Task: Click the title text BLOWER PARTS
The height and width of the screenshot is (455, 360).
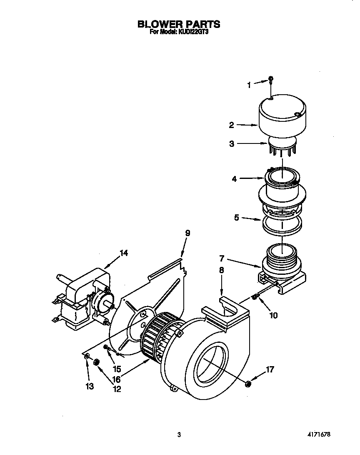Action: pyautogui.click(x=179, y=24)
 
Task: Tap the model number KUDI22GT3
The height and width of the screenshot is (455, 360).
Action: pyautogui.click(x=190, y=32)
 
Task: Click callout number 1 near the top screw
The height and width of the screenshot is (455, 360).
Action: pyautogui.click(x=250, y=85)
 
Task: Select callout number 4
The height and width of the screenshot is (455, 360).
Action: pyautogui.click(x=234, y=179)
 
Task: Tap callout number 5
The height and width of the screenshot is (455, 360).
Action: pyautogui.click(x=236, y=218)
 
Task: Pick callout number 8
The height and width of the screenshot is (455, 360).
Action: pyautogui.click(x=221, y=270)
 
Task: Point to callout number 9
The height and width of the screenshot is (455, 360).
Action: pyautogui.click(x=187, y=234)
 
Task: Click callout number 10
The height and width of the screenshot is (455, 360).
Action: pyautogui.click(x=273, y=315)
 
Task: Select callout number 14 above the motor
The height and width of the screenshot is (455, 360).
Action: pyautogui.click(x=124, y=253)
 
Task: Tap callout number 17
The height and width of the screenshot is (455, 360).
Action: pyautogui.click(x=270, y=369)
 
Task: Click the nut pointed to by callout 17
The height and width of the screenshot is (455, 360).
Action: pyautogui.click(x=247, y=383)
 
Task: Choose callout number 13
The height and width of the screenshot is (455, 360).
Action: pyautogui.click(x=89, y=386)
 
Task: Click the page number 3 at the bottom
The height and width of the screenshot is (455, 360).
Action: pyautogui.click(x=179, y=435)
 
